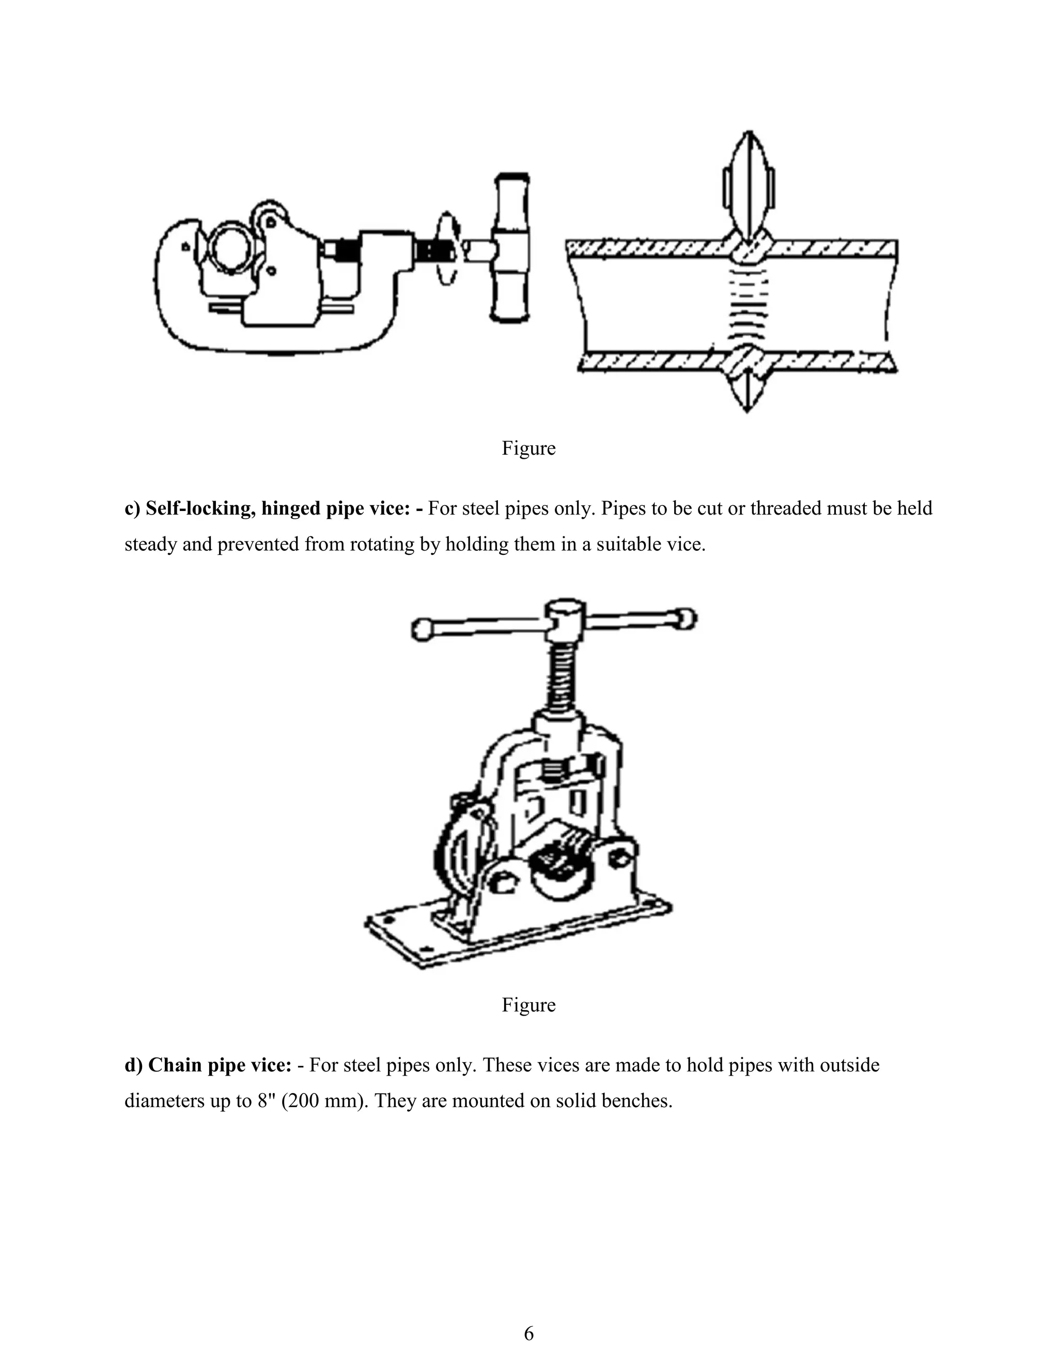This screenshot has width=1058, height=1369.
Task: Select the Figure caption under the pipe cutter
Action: [x=528, y=449]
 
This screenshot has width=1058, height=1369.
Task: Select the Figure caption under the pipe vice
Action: [x=528, y=1005]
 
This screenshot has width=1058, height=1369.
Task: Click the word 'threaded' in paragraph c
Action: [x=785, y=508]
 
